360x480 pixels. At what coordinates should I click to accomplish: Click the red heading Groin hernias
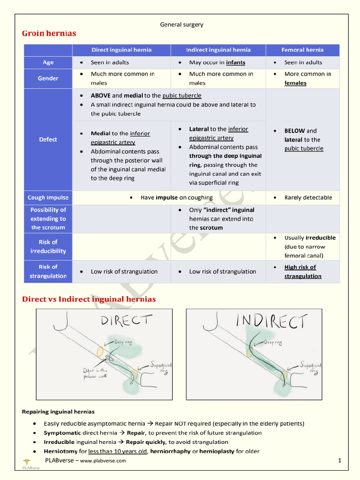(x=49, y=33)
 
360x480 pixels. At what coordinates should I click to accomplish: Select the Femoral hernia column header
(x=302, y=50)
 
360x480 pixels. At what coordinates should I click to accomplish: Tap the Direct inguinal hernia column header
(x=121, y=50)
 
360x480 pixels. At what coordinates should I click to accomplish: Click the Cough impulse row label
(x=48, y=197)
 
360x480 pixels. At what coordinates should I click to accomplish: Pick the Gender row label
(x=48, y=78)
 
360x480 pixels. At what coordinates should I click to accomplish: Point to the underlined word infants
(x=235, y=62)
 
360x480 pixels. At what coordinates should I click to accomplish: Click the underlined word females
(x=295, y=83)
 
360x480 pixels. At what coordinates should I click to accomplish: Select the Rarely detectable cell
(x=308, y=197)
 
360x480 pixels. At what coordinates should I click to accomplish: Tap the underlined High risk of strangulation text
(x=302, y=271)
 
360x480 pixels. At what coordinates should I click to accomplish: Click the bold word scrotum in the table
(x=211, y=227)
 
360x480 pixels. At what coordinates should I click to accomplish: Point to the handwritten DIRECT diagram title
(x=126, y=321)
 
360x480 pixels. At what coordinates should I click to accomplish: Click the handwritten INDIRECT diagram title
(x=271, y=321)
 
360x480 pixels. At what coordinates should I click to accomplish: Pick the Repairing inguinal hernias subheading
(x=58, y=412)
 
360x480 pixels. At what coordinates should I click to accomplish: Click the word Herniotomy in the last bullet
(x=60, y=451)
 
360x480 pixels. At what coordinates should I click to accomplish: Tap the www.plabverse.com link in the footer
(x=103, y=461)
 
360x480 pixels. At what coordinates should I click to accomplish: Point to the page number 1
(x=339, y=461)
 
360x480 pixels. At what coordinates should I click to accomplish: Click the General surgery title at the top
(x=181, y=24)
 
